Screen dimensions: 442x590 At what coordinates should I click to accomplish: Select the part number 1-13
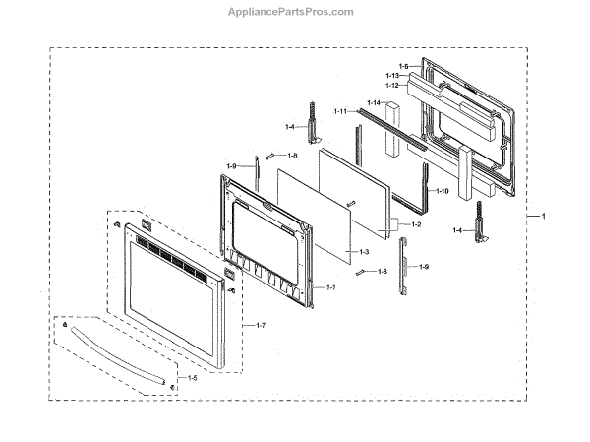click(390, 76)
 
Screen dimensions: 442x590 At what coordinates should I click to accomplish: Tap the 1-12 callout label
click(390, 86)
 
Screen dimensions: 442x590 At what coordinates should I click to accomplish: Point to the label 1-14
click(374, 103)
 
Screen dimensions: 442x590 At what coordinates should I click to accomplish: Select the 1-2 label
click(417, 225)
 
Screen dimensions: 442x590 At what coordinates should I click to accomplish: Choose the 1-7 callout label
click(261, 326)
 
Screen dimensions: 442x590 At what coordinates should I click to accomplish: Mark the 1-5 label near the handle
click(192, 378)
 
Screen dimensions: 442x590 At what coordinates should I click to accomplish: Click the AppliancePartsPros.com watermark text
click(295, 13)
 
